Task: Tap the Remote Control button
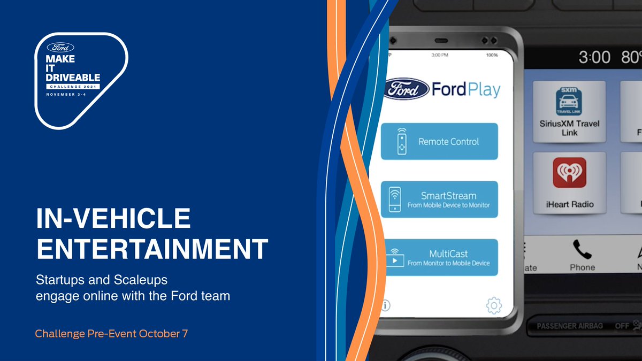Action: (439, 141)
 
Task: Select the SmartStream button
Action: (439, 199)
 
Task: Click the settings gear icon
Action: (493, 305)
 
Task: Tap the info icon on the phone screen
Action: (385, 305)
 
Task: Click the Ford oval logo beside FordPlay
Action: (407, 89)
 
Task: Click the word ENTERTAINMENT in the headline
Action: (151, 250)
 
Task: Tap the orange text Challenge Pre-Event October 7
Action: (111, 334)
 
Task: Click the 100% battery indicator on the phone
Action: (492, 55)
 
